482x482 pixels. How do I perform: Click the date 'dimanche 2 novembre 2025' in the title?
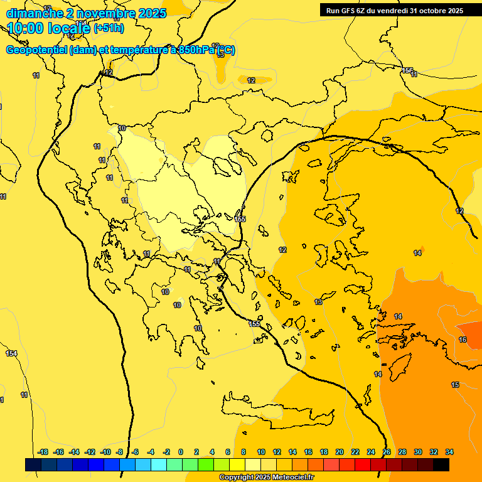point(86,13)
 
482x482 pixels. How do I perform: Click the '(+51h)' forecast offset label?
point(109,28)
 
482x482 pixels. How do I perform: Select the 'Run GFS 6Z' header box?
point(394,10)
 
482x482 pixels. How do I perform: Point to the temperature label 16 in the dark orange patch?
point(463,340)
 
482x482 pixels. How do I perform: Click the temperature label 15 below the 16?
point(455,385)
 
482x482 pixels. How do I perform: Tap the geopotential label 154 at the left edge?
point(11,354)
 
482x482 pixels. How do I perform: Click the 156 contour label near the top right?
point(407,70)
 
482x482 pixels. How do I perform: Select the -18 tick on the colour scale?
point(43,452)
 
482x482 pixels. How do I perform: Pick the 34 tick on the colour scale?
point(450,452)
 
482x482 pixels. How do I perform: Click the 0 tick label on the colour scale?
point(181,452)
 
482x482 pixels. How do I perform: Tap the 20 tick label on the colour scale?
point(340,452)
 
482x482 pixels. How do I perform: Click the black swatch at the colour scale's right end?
point(441,464)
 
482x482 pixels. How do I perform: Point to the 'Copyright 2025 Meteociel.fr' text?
point(266,478)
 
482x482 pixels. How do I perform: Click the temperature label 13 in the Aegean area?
point(318,303)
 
